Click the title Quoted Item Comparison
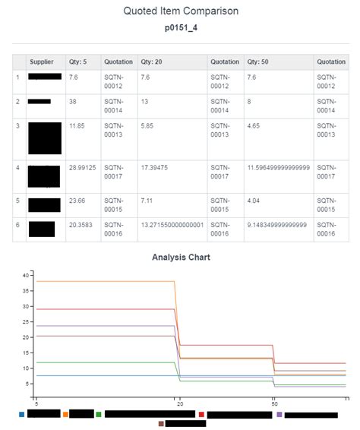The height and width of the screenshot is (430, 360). pyautogui.click(x=180, y=11)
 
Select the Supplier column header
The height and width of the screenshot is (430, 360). pyautogui.click(x=42, y=62)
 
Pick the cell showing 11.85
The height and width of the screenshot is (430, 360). pyautogui.click(x=77, y=125)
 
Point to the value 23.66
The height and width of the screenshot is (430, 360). pyautogui.click(x=77, y=201)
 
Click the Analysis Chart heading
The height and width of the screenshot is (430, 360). pyautogui.click(x=180, y=258)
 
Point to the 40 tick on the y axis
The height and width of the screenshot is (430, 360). pyautogui.click(x=26, y=275)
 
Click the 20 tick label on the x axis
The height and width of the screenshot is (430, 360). pyautogui.click(x=179, y=403)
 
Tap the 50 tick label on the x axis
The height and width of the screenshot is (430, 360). pyautogui.click(x=273, y=403)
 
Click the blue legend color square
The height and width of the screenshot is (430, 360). pyautogui.click(x=21, y=415)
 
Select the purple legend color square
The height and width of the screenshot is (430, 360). pyautogui.click(x=279, y=415)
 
